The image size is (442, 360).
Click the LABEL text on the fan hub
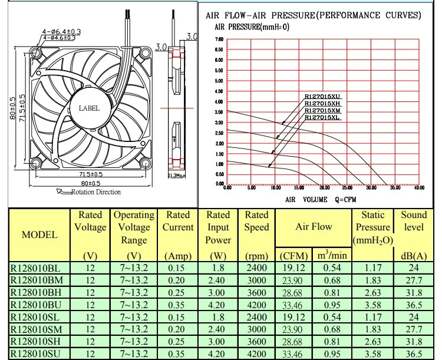click(x=89, y=108)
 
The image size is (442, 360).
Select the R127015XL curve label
click(x=322, y=118)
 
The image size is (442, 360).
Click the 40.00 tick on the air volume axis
click(x=419, y=189)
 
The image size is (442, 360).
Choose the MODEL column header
click(x=39, y=235)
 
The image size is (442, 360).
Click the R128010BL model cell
click(x=37, y=267)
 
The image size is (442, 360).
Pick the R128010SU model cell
click(x=37, y=354)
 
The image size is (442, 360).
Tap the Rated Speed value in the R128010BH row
click(x=257, y=292)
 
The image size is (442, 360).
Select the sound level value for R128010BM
click(x=414, y=280)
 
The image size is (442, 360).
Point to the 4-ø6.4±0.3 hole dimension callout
click(x=61, y=31)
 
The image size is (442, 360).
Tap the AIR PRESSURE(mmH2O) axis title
click(x=252, y=27)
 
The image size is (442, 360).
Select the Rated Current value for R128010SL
click(x=177, y=317)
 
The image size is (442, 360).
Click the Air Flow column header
click(x=314, y=227)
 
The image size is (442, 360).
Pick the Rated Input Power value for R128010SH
click(x=218, y=342)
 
